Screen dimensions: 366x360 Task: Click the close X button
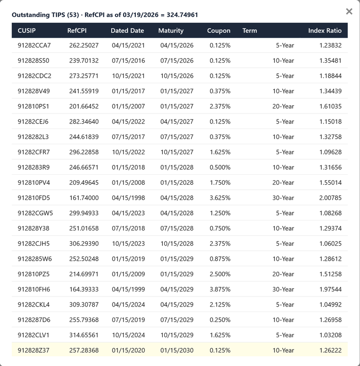click(349, 11)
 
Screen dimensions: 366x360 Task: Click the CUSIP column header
click(27, 31)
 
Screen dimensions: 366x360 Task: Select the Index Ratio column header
click(325, 31)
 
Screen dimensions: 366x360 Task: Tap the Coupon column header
click(219, 31)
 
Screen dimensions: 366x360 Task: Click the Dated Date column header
click(127, 31)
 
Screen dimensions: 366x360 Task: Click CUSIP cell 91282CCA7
click(34, 45)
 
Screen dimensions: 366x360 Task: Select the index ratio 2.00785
click(330, 198)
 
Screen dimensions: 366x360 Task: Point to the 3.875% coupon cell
click(220, 289)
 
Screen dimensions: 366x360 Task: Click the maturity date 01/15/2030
click(177, 350)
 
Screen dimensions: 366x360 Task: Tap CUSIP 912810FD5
click(34, 198)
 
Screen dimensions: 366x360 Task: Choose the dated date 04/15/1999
click(128, 289)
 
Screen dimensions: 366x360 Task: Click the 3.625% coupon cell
click(220, 198)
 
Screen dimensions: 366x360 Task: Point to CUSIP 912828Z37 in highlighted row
click(33, 350)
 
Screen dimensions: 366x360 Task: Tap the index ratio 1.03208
click(330, 335)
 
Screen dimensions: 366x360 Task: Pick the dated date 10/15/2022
click(128, 152)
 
